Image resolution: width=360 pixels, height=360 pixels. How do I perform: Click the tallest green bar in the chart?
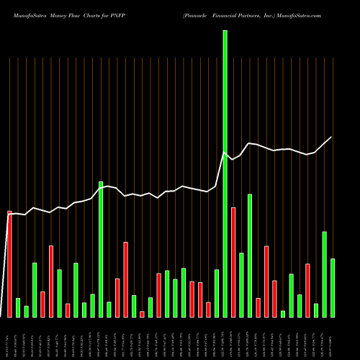pos(225,173)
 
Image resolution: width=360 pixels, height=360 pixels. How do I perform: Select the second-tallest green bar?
pos(101,248)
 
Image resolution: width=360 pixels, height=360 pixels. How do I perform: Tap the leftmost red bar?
pos(9,264)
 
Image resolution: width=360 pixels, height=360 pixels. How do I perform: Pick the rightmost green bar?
pos(333,287)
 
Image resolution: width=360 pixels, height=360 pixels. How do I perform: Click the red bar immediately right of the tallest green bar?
pos(233,262)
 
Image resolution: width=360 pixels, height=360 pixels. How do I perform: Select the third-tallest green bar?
pos(250,255)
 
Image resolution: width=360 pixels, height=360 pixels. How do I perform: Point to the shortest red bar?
pos(142,314)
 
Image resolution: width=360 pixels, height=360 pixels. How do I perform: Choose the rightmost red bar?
pos(307,290)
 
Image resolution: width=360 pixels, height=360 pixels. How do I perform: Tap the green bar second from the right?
pos(324,274)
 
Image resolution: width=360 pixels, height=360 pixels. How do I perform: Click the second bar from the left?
pos(18,307)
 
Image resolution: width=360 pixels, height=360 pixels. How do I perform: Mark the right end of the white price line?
pos(332,137)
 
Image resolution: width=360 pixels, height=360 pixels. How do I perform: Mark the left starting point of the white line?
pos(9,213)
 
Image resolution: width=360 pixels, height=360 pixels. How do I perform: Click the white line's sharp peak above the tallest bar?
pos(225,153)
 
